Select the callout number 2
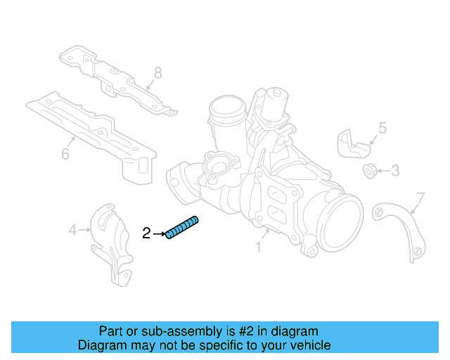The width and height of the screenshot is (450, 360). point(146,233)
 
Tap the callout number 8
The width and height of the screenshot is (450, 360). point(158,72)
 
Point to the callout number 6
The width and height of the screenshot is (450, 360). point(65,154)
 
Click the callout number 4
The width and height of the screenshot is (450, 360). point(72,229)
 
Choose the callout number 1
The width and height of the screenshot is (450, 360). point(258,247)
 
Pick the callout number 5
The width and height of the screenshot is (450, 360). point(382,128)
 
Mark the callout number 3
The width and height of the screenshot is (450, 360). point(395,170)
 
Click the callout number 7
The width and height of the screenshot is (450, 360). point(420,196)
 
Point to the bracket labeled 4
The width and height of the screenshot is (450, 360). point(112,243)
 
